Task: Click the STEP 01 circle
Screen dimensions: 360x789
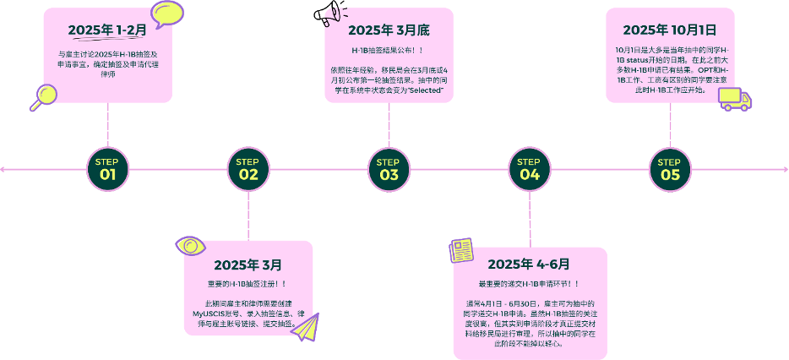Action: [107, 170]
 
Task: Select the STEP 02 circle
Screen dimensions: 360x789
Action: [248, 170]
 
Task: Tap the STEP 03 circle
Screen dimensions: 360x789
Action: [389, 170]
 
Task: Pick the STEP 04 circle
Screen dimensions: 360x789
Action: [529, 170]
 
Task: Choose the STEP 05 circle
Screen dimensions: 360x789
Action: [670, 170]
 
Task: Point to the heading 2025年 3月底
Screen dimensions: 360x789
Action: [389, 30]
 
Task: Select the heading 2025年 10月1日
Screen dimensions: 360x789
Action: [670, 30]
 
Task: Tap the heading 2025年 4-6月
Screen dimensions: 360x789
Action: [529, 264]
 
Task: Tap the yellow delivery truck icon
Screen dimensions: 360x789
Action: [733, 99]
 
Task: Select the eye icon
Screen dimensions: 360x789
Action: [190, 246]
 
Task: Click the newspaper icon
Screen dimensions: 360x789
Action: [461, 250]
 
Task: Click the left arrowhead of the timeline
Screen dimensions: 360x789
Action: [3, 170]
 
